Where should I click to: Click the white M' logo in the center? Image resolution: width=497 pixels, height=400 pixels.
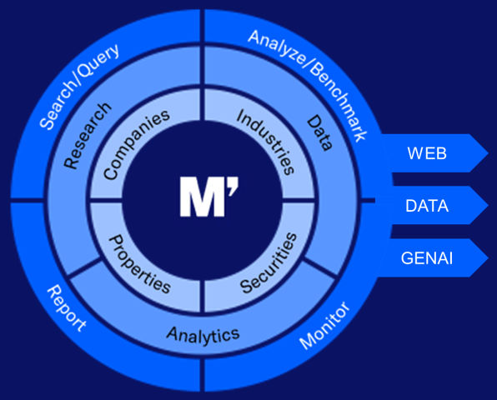[208, 197]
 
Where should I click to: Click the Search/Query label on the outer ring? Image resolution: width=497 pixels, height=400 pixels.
[79, 85]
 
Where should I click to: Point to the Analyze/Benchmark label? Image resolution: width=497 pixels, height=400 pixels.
[309, 84]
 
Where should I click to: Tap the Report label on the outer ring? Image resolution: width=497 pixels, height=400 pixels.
[67, 307]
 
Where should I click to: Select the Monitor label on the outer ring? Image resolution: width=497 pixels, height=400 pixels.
[324, 326]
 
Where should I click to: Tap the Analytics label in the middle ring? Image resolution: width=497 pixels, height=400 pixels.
[203, 336]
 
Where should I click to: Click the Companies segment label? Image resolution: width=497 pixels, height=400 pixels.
[136, 145]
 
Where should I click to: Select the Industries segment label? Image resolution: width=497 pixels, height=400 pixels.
[266, 142]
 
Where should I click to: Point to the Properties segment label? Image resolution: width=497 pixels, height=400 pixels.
[139, 264]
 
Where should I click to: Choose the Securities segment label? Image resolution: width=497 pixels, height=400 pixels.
[269, 262]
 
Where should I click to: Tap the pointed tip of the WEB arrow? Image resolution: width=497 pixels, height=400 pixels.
[488, 153]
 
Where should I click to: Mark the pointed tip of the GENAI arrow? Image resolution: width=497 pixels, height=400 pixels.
[488, 257]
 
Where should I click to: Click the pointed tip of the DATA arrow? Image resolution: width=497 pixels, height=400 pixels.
[488, 206]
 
